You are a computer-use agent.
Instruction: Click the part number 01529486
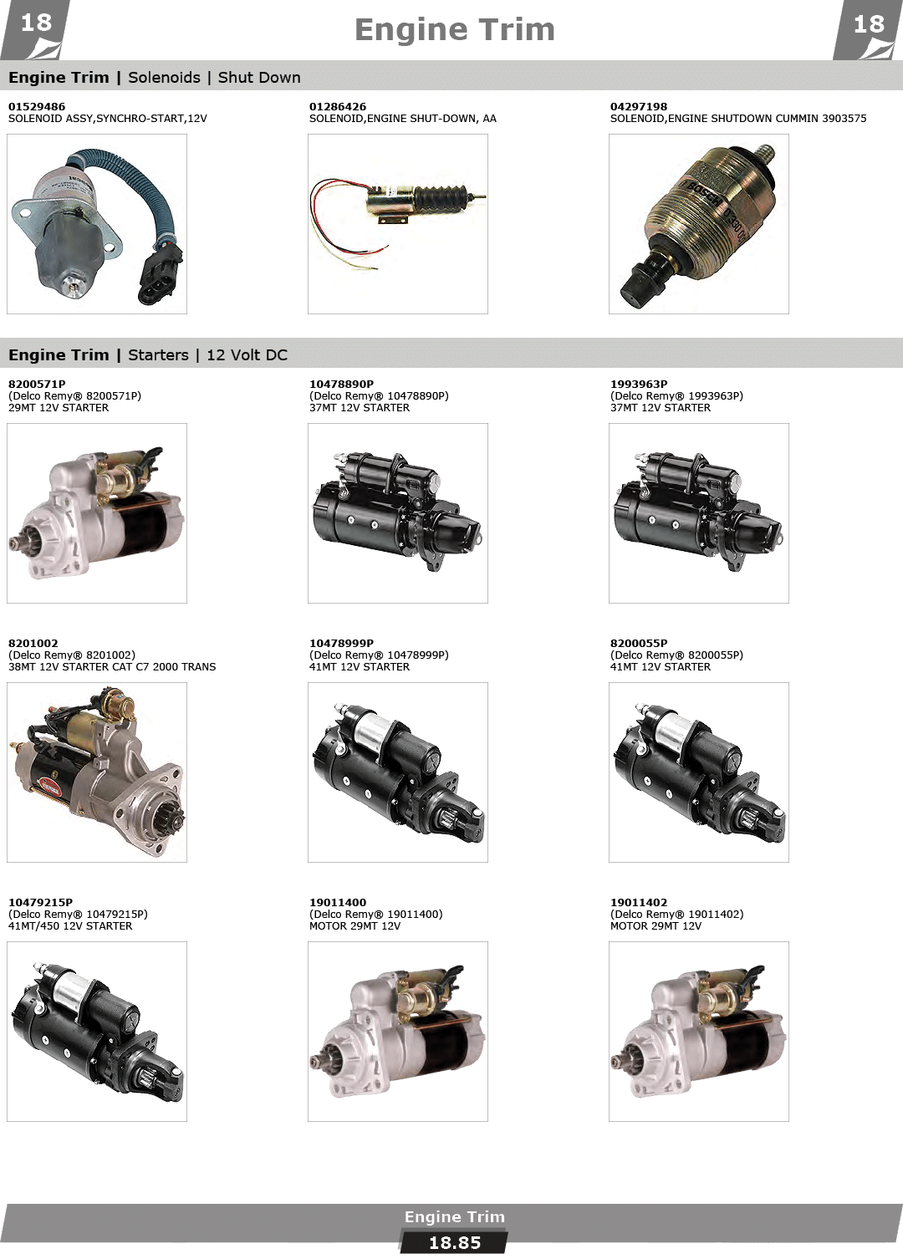(37, 106)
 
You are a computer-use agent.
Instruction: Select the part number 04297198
(639, 106)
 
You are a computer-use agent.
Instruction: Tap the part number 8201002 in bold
(33, 643)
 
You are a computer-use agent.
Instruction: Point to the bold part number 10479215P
(40, 902)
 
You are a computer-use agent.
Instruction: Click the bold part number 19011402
(639, 902)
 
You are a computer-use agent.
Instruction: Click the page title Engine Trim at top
(454, 30)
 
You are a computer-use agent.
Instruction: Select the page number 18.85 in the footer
(455, 1243)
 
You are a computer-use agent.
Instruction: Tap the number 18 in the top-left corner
(36, 23)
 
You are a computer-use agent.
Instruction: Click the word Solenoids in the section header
(164, 78)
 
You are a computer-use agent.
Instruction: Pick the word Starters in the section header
(158, 355)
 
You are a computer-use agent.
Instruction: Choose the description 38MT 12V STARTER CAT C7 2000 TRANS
(112, 666)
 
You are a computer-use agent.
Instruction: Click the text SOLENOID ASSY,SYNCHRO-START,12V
(107, 119)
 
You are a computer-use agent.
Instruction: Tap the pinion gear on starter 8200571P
(20, 543)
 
